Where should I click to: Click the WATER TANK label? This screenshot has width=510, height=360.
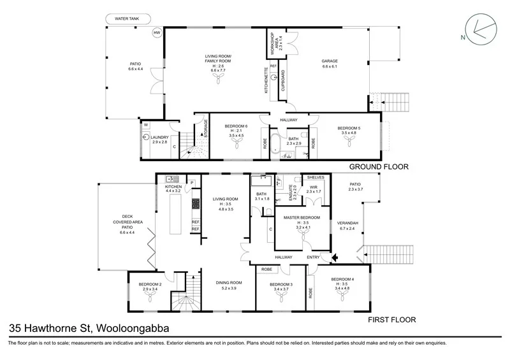tap(127, 19)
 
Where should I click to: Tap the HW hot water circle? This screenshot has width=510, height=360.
tap(157, 32)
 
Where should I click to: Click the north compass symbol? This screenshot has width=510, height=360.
tap(481, 29)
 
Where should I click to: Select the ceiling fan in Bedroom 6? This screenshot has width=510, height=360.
tap(237, 143)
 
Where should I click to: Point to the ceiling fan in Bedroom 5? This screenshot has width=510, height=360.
tap(349, 140)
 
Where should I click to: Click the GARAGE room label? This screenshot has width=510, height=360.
tap(330, 61)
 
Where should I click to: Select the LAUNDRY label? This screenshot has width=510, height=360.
tap(159, 137)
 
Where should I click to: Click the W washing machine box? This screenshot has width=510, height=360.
tap(146, 125)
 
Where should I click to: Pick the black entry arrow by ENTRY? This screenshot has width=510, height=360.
tap(335, 258)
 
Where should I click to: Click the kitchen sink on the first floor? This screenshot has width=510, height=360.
tap(172, 178)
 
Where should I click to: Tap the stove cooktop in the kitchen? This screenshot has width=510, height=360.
tap(196, 204)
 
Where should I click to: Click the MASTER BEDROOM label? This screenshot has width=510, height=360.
tap(302, 217)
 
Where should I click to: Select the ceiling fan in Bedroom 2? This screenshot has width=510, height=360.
tap(150, 296)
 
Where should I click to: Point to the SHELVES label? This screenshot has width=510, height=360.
tap(316, 178)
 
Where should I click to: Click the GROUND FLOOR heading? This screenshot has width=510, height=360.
tap(379, 167)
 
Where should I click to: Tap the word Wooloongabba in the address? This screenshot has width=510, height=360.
tap(133, 328)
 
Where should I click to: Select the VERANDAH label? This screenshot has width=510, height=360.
tap(347, 223)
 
